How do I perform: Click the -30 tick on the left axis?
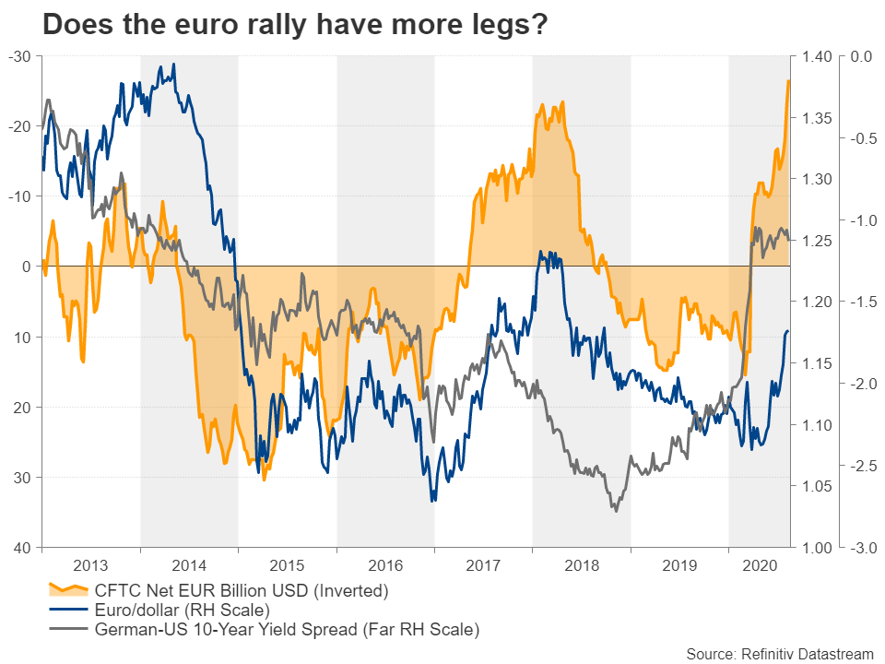point(20,57)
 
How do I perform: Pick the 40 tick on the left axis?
point(22,548)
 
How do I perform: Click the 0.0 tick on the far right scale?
point(861,57)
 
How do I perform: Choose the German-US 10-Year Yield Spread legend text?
point(287,631)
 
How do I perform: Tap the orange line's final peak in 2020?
point(788,81)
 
